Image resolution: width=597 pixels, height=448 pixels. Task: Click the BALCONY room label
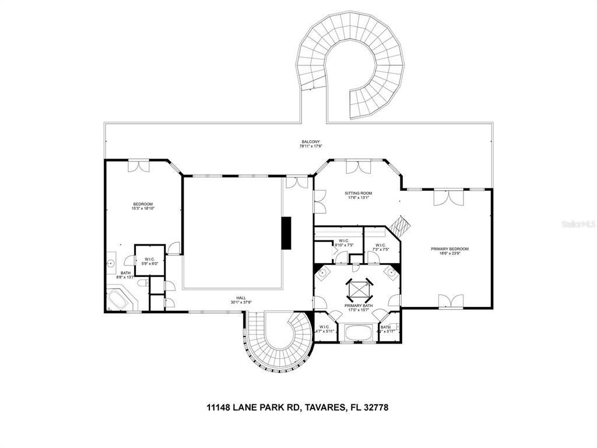311,142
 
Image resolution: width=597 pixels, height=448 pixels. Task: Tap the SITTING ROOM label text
358,193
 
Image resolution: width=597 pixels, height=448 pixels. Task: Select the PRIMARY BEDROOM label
449,249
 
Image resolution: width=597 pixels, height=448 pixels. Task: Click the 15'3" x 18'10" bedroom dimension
142,208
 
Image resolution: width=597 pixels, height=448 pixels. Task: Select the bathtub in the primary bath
357,333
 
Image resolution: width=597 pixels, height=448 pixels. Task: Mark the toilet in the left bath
142,279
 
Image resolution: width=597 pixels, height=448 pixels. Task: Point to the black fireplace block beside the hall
286,233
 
